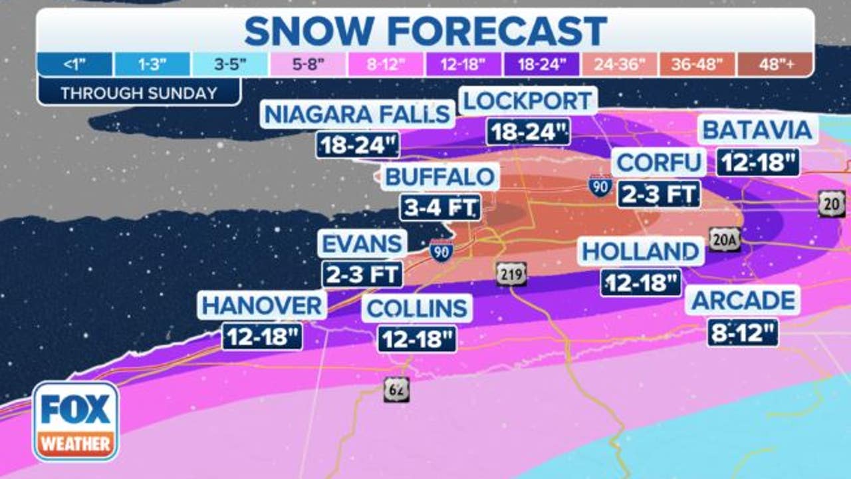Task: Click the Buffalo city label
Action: [x=440, y=177]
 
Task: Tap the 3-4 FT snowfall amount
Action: [x=439, y=208]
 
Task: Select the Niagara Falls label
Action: [x=357, y=114]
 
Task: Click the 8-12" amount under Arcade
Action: [x=743, y=332]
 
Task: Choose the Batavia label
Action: [x=757, y=130]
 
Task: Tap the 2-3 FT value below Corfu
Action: [x=659, y=194]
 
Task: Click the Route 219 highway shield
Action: [x=511, y=273]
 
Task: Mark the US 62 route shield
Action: [x=396, y=389]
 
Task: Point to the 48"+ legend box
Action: [x=775, y=65]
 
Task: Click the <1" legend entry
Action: [x=75, y=65]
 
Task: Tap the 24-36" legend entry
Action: [x=620, y=65]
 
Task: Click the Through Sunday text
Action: [x=138, y=93]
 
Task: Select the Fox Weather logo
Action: [x=76, y=421]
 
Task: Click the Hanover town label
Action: [x=262, y=306]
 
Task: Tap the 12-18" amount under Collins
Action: [x=417, y=339]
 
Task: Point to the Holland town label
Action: [x=640, y=252]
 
